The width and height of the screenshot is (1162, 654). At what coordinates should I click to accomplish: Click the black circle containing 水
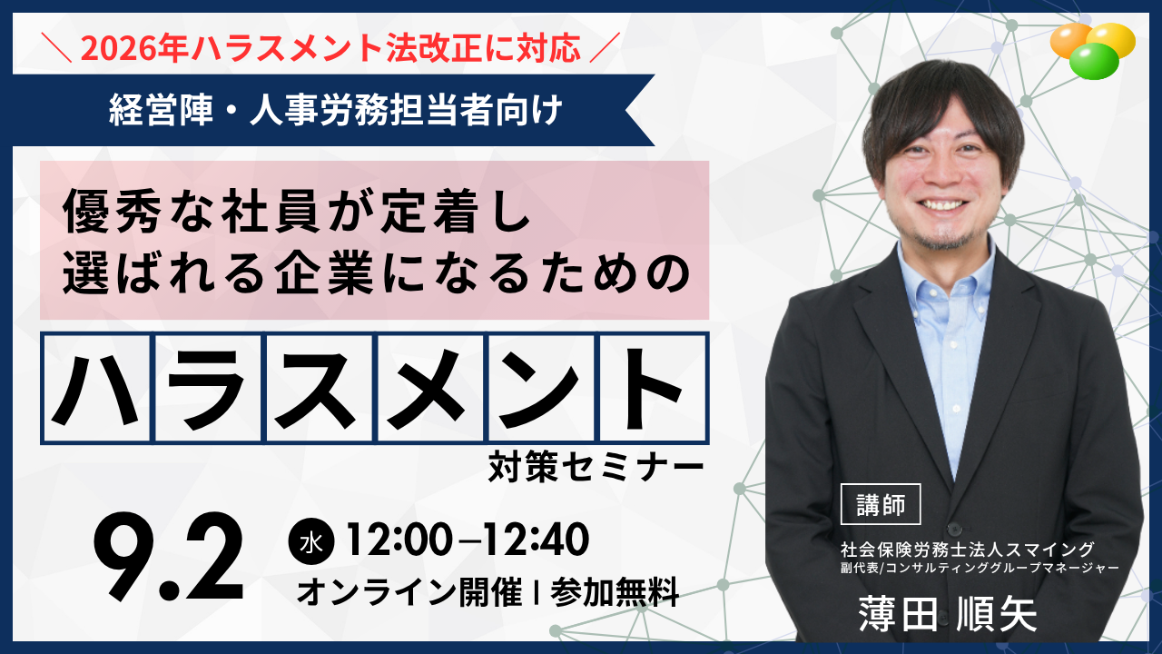coord(311,541)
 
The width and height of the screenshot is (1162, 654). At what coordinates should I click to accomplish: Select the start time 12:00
coord(399,540)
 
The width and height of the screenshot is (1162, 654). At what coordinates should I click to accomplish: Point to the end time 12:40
coord(537,540)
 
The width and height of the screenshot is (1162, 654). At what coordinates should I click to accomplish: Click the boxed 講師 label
coord(881,504)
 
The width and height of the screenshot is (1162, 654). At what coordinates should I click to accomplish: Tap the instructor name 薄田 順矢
coord(947,615)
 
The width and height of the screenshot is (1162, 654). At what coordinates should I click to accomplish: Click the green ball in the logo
coord(1094,61)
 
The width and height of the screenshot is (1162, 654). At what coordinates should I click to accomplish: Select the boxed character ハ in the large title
coord(96,388)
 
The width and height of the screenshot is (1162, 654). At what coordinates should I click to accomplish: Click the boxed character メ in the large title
coord(430,388)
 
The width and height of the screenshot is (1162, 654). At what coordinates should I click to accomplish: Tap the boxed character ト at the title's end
coord(653,388)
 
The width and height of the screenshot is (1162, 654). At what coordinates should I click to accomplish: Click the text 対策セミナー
coord(596,467)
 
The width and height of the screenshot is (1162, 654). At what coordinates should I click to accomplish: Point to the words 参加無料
coord(615,591)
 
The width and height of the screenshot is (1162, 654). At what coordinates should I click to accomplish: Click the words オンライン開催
coord(409,591)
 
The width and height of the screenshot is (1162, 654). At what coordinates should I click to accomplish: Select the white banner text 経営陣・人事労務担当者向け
coord(335,110)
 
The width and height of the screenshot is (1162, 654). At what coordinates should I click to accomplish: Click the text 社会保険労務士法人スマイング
coord(968,550)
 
